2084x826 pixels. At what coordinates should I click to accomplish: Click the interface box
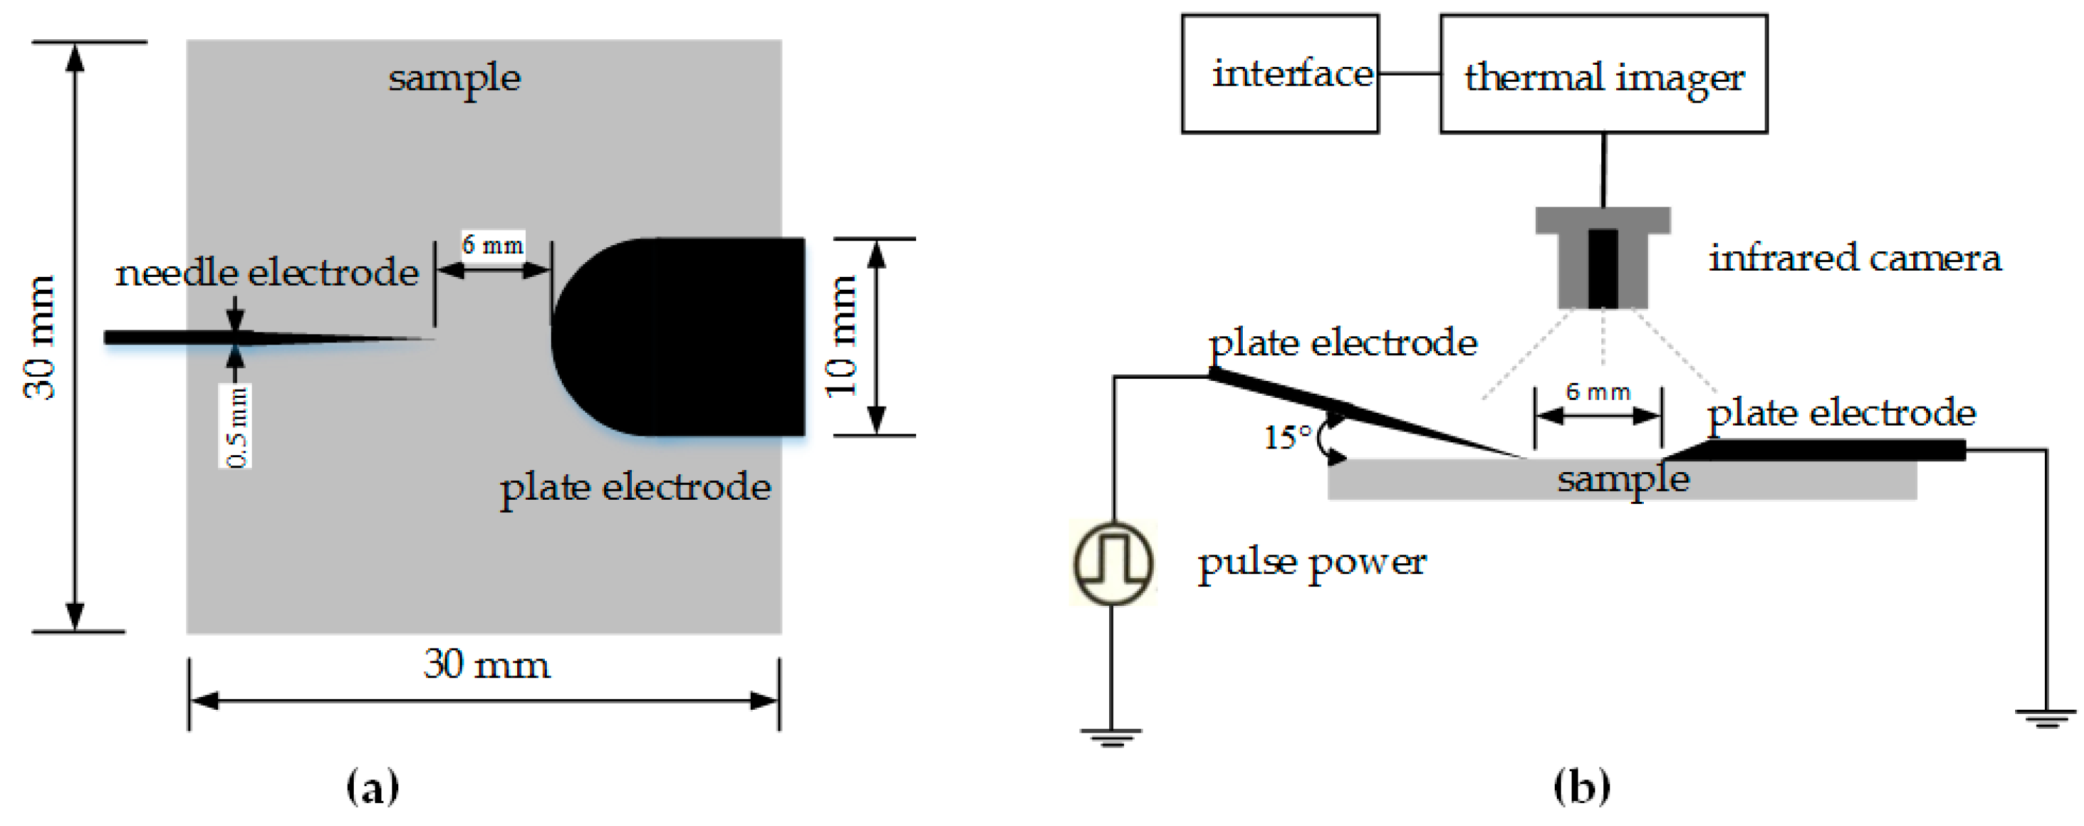point(1280,74)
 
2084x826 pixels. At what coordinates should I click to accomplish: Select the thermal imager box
point(1603,74)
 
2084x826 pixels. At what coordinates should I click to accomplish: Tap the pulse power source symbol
point(1113,564)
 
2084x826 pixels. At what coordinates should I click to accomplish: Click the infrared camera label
point(1854,258)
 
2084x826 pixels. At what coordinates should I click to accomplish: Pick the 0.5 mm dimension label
point(236,426)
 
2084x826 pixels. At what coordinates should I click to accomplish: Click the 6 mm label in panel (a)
point(493,244)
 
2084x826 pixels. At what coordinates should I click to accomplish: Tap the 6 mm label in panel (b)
point(1598,392)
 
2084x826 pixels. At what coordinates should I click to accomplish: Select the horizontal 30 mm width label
point(486,665)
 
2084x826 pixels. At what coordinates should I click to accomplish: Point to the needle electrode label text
point(267,273)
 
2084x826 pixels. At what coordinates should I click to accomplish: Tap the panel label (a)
point(372,786)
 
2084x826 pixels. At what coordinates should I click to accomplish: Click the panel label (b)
point(1582,786)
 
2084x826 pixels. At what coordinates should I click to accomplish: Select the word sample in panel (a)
point(454,78)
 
